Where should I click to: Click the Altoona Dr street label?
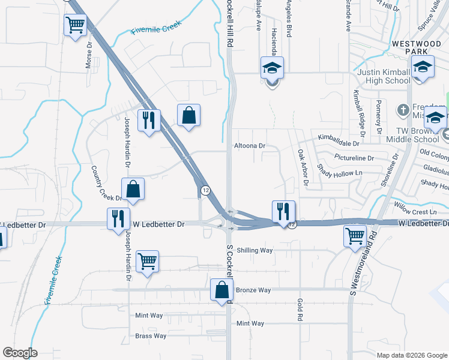click(249, 146)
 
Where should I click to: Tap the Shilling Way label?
click(255, 250)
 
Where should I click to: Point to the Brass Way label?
click(151, 336)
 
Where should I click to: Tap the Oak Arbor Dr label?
click(302, 167)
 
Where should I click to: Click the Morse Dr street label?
click(88, 56)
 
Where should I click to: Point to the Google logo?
click(20, 353)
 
